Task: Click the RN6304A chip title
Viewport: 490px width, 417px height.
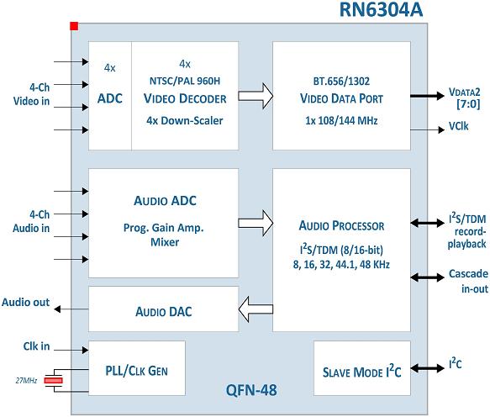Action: [381, 9]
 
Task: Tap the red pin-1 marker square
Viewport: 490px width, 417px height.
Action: [74, 26]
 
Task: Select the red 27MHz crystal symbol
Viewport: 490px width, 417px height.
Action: [54, 380]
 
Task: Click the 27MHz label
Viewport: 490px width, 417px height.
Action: [26, 380]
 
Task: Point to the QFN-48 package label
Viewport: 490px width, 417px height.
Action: [251, 390]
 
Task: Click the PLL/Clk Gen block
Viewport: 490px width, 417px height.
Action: [137, 368]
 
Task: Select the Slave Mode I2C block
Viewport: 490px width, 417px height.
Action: [362, 368]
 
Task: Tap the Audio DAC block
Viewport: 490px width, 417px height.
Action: [163, 309]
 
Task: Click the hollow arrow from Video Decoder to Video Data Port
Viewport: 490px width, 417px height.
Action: [256, 96]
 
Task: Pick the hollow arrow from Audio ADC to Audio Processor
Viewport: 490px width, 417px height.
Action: [256, 223]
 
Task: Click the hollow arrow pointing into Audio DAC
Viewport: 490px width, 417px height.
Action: [256, 309]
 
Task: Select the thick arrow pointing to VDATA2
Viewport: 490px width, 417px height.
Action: [427, 96]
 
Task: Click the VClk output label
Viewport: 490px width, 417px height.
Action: [458, 126]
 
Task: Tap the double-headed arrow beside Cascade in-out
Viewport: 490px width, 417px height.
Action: [427, 277]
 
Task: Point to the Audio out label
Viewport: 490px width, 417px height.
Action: [25, 303]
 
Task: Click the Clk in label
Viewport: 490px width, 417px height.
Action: [36, 346]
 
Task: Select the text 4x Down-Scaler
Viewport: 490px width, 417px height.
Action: [185, 121]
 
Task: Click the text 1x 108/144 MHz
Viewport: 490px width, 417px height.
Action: [341, 121]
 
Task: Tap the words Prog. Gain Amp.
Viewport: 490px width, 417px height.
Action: [163, 228]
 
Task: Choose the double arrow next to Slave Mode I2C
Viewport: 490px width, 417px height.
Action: [427, 368]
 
